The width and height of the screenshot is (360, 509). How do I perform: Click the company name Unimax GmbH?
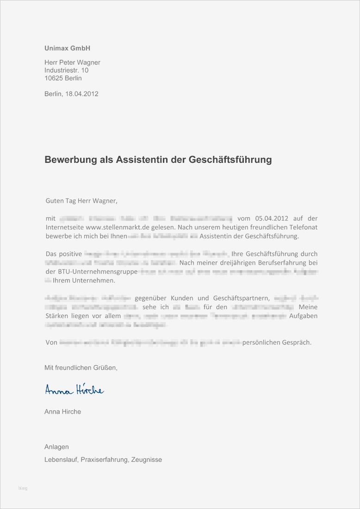point(68,48)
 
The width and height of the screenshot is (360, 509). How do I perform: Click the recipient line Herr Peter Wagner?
point(72,62)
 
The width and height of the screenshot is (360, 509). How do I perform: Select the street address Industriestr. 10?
point(66,70)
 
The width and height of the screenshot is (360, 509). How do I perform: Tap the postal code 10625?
point(54,78)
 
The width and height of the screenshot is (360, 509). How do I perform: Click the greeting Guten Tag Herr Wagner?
point(82,201)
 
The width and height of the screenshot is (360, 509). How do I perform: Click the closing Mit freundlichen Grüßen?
point(81,368)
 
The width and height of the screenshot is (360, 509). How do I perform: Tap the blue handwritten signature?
point(74,390)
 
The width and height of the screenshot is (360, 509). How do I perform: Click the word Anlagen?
point(56,447)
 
